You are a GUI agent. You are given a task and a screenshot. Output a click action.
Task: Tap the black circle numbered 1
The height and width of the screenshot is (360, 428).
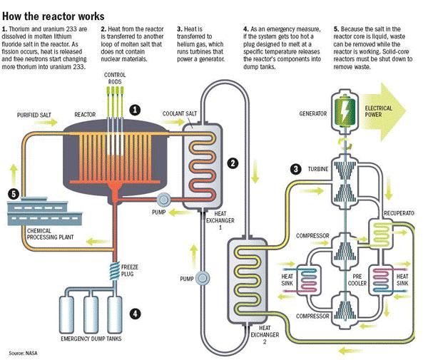[x=134, y=110]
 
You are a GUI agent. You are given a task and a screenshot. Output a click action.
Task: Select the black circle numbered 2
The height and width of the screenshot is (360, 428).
[x=232, y=163]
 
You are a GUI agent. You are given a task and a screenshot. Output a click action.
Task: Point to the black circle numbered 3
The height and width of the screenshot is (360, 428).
[x=295, y=169]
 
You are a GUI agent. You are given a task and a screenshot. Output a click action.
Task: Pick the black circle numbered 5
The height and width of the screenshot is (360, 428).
[x=13, y=194]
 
